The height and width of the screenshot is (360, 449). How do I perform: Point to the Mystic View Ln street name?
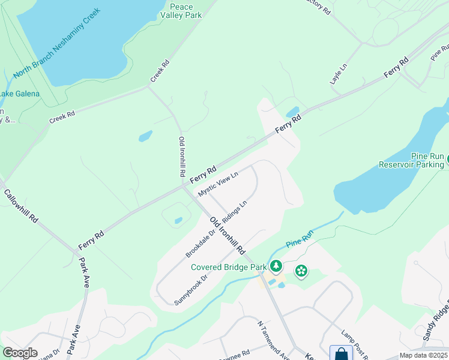[218, 184]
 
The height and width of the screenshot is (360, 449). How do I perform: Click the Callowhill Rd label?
[21, 206]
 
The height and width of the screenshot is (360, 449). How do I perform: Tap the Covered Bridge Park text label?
[229, 267]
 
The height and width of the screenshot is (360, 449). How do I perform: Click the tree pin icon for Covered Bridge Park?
[276, 266]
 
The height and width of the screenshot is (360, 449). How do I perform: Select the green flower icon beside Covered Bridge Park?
[301, 271]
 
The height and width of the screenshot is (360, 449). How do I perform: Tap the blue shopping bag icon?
[341, 353]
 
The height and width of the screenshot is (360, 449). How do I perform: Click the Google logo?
[20, 353]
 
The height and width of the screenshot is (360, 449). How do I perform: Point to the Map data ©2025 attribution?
[423, 355]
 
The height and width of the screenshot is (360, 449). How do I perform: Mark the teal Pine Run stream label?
[300, 242]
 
